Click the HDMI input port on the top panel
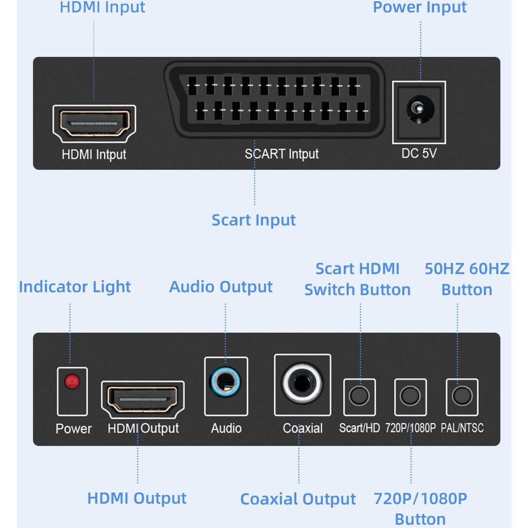(x=94, y=123)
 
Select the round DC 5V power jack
(x=419, y=109)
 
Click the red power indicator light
(x=72, y=382)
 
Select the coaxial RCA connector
(x=302, y=383)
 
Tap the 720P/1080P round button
(x=410, y=396)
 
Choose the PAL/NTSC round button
(x=462, y=396)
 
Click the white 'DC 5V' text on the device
(x=419, y=153)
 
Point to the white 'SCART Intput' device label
(x=282, y=154)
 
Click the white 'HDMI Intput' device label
(x=94, y=155)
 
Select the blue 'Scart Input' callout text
(x=253, y=220)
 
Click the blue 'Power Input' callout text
(x=420, y=7)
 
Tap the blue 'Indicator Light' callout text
(x=75, y=286)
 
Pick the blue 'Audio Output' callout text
(x=221, y=286)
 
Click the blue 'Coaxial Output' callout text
(x=298, y=499)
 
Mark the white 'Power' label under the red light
(x=73, y=429)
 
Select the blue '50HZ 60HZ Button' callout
(x=467, y=279)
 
